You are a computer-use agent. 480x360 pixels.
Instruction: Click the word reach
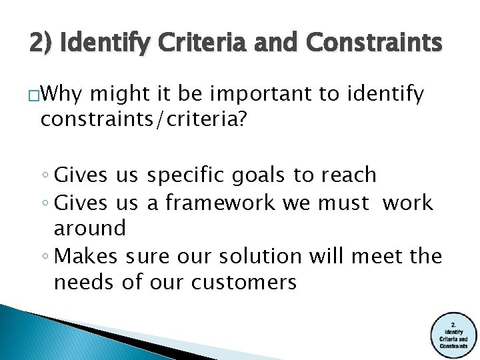[x=349, y=175]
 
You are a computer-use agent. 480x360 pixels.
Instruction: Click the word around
[x=89, y=228]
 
